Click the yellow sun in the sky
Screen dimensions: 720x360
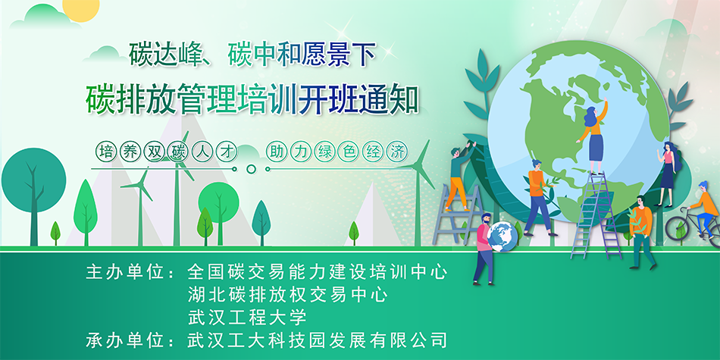[81, 8]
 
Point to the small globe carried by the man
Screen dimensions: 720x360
[502, 236]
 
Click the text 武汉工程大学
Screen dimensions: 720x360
[247, 318]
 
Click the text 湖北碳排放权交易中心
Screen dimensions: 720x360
[288, 295]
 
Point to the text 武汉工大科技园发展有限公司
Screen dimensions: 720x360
[318, 340]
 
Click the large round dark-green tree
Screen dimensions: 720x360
[33, 180]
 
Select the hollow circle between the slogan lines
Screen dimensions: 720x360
[251, 169]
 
